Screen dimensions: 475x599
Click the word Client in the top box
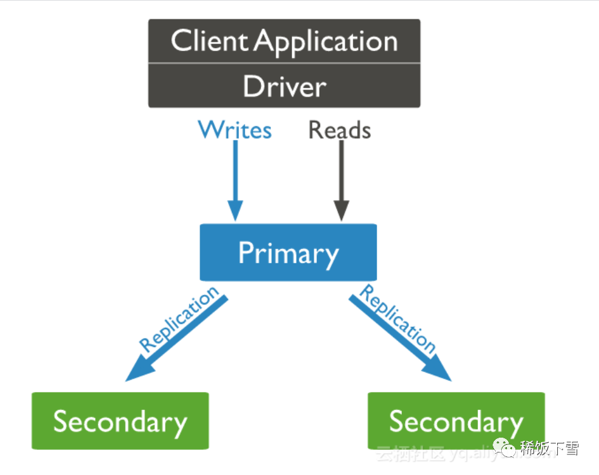point(209,41)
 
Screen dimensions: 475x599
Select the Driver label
point(284,86)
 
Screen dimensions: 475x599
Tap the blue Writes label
point(235,130)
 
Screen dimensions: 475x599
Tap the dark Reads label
point(339,130)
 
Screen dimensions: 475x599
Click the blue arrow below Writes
point(236,174)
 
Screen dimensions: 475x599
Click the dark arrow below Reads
point(341,174)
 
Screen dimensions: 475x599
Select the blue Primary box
point(288,252)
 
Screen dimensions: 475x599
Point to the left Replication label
point(180,320)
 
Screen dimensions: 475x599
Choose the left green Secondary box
point(120,421)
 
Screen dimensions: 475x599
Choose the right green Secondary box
point(456,421)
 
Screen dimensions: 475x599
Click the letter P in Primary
point(245,253)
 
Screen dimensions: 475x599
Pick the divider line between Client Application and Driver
point(284,63)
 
